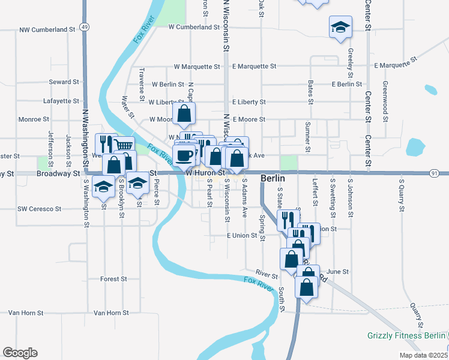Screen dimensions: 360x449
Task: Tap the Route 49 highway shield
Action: point(84,27)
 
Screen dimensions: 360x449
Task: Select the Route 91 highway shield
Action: point(433,173)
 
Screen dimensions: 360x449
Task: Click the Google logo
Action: point(20,353)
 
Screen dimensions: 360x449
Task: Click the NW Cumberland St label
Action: point(47,29)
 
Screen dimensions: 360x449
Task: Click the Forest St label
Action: point(113,279)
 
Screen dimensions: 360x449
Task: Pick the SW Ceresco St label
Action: point(40,209)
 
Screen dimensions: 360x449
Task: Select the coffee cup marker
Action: point(185,155)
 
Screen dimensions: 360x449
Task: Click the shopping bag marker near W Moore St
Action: point(184,112)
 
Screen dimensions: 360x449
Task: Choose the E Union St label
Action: point(242,236)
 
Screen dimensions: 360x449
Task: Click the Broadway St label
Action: point(58,173)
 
